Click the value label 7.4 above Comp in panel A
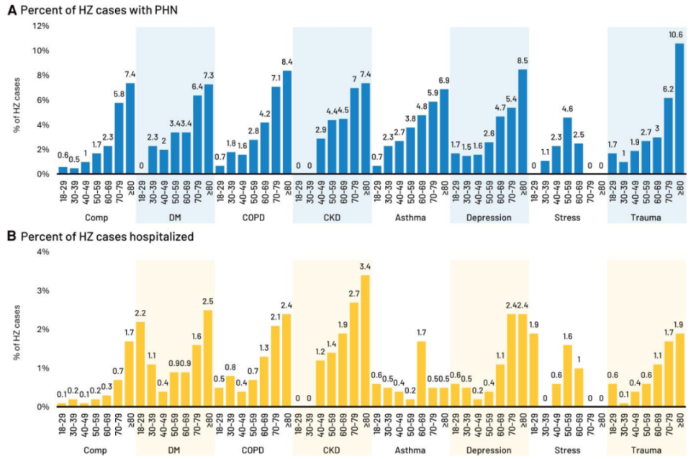click(x=130, y=74)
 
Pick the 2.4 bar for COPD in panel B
click(x=287, y=360)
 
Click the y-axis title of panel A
click(x=17, y=100)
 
